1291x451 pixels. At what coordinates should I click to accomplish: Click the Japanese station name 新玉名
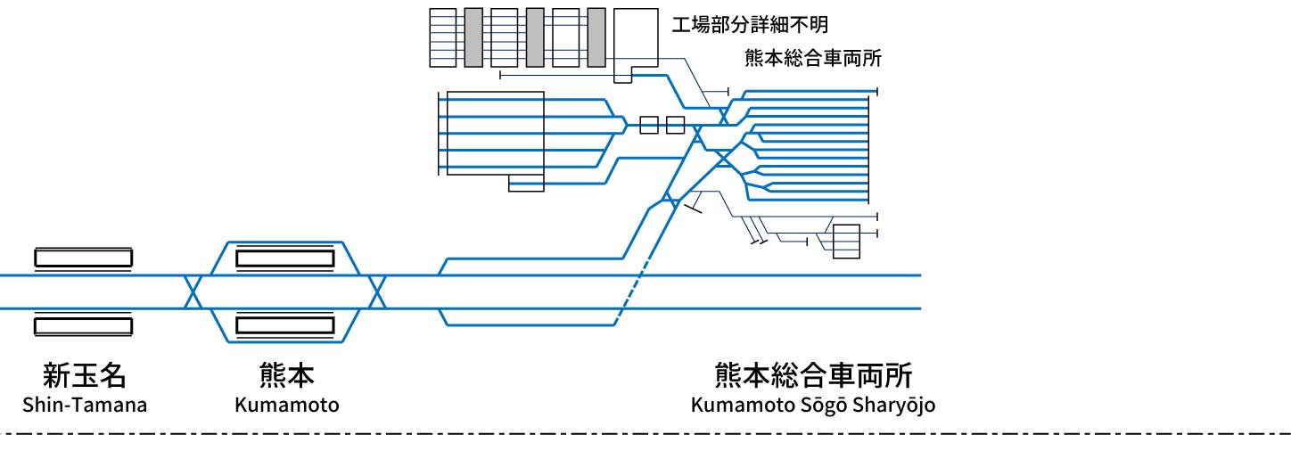click(x=84, y=376)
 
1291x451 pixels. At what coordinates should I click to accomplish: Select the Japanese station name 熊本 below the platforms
click(x=286, y=376)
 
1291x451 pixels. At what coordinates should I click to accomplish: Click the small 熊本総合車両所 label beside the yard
click(x=812, y=59)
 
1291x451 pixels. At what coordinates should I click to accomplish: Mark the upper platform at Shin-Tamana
click(x=83, y=258)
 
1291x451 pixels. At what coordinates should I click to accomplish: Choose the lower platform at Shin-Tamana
click(x=83, y=325)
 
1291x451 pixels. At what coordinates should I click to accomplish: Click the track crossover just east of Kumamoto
click(x=377, y=292)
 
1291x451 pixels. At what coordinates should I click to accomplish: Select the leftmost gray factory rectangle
click(x=473, y=37)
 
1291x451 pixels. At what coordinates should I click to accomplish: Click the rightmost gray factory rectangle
click(x=596, y=37)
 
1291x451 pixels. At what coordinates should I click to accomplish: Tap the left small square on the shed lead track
click(x=649, y=125)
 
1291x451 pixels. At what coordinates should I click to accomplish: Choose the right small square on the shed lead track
click(x=676, y=125)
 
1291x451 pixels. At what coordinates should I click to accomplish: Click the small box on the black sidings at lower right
click(x=846, y=242)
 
